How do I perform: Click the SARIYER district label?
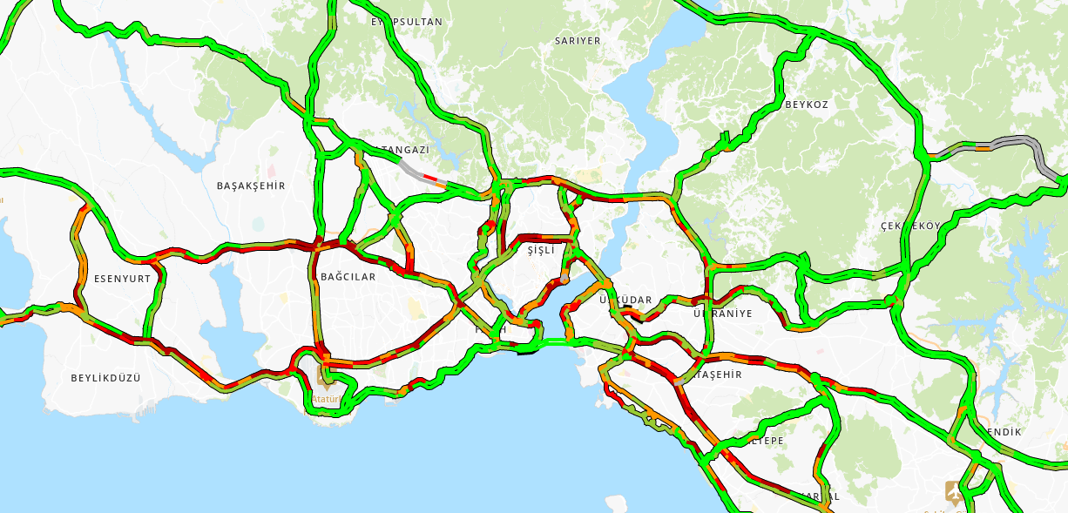(578, 41)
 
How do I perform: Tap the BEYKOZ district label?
(807, 105)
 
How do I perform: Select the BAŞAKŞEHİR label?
(251, 186)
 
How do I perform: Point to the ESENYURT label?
(122, 280)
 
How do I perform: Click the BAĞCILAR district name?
(348, 277)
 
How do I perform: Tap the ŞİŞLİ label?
(541, 250)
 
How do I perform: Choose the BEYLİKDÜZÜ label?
(105, 378)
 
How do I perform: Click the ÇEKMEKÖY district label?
(910, 226)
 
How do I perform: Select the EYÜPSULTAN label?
(406, 22)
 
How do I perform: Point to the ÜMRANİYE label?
(723, 314)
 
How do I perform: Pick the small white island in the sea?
(617, 503)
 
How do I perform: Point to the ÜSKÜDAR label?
(625, 300)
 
